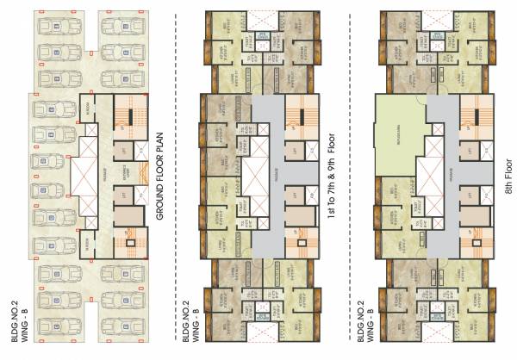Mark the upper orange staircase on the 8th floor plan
coord(477,114)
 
